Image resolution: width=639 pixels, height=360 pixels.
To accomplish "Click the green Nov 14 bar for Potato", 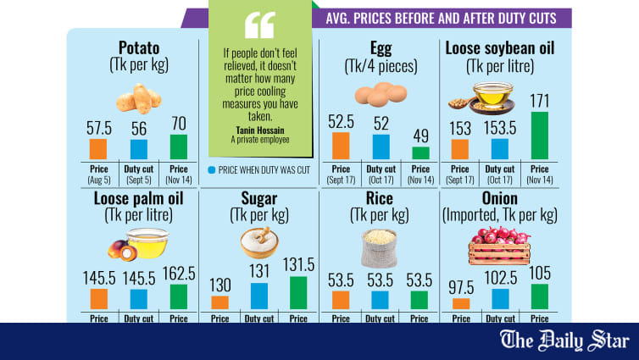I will point(178,147).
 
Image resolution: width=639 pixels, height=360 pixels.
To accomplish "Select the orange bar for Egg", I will point(341,146).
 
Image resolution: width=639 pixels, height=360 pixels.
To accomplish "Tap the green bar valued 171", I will point(539,136).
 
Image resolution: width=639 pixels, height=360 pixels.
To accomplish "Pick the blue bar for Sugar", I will point(258,296).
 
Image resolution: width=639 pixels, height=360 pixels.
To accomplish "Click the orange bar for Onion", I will point(462,303).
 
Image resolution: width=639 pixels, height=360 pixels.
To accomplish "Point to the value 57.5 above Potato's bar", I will point(99,128).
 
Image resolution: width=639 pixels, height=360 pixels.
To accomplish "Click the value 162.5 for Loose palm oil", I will point(179,274).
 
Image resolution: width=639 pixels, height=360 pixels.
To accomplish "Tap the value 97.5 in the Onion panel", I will point(462,287).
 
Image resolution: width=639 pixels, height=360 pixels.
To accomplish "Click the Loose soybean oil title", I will point(500,47).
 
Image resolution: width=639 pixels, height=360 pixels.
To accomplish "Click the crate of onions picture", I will point(499,246).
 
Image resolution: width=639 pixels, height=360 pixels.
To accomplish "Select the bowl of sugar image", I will point(258,243).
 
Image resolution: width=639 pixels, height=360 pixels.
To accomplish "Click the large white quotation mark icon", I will point(259,25).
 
